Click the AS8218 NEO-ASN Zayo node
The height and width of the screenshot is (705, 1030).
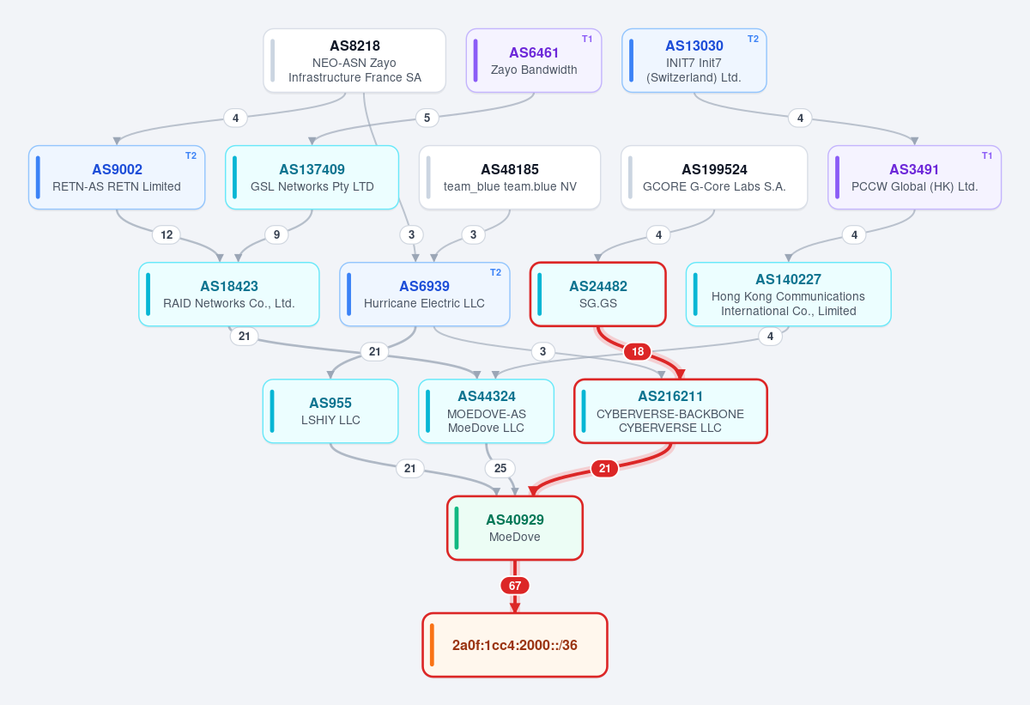coord(354,61)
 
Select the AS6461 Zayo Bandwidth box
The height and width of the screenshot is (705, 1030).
coord(534,61)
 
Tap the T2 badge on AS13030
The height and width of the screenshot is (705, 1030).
coord(753,40)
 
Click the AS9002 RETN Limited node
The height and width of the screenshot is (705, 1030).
coord(117,178)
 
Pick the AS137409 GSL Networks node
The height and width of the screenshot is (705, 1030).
coord(312,178)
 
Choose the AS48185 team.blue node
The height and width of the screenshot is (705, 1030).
coord(510,178)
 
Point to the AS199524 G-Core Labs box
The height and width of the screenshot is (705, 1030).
coord(714,178)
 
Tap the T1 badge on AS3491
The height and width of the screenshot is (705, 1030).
coord(987,156)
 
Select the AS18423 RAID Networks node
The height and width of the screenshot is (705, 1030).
coord(229,295)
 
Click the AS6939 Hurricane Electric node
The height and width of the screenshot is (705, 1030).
coord(424,295)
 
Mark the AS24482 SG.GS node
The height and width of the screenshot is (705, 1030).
coord(597,295)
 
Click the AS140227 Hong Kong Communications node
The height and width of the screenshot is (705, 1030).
coord(789,295)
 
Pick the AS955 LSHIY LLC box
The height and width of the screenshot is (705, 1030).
coord(330,411)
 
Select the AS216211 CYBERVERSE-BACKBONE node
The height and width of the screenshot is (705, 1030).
coord(670,411)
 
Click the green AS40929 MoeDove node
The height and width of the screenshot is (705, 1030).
coord(515,528)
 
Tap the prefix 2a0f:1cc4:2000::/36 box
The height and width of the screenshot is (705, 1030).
coord(515,645)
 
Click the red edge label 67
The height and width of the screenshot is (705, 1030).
coord(515,586)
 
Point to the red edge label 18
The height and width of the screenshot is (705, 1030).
coord(637,352)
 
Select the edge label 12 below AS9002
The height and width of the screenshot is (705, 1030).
coord(167,235)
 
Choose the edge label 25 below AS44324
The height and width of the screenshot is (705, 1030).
coord(500,469)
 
